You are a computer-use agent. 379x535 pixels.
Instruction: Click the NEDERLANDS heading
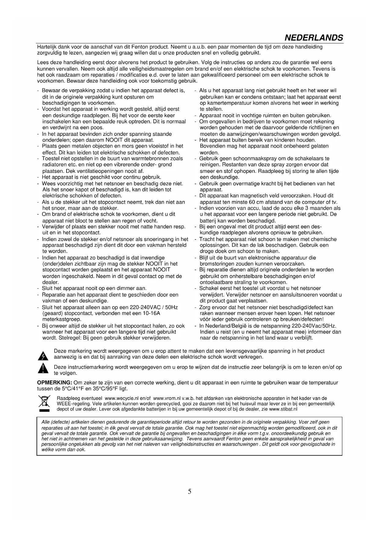click(x=314, y=38)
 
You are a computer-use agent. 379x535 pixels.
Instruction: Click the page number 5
click(x=190, y=491)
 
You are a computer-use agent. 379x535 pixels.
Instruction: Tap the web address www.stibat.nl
click(x=283, y=409)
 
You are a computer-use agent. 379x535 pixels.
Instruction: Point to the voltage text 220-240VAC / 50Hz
click(x=154, y=307)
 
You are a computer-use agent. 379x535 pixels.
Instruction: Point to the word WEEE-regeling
click(x=71, y=404)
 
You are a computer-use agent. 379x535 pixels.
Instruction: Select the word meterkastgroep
click(x=62, y=319)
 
